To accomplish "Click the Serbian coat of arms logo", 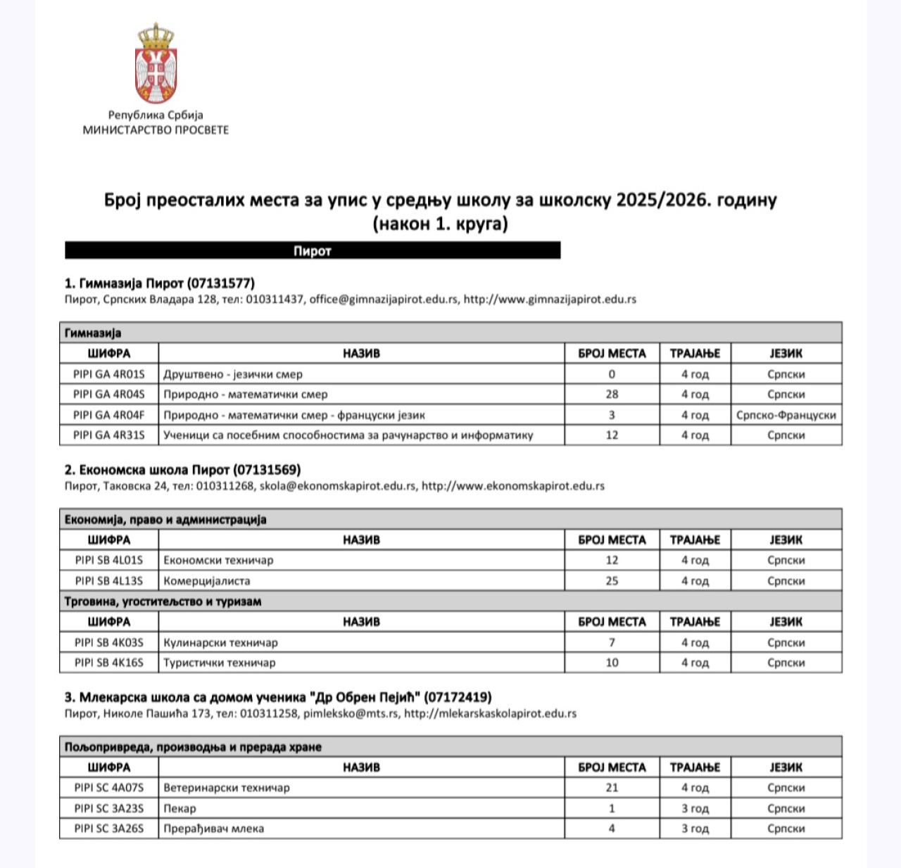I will point(156,63).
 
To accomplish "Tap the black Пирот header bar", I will point(313,251).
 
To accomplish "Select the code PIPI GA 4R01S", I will point(109,374).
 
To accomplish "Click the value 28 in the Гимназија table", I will point(612,395).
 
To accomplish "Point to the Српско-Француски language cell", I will point(786,415).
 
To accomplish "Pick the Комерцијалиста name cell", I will point(207,581).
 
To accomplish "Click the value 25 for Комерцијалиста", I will point(612,581).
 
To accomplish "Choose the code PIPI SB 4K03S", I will point(109,642).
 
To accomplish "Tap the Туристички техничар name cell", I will point(220,663).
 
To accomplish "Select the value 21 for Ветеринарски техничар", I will point(612,788).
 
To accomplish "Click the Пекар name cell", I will point(180,808).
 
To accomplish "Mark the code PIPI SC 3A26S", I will point(109,829).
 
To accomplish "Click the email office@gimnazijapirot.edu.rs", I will point(384,299).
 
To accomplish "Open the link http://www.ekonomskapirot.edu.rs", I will point(512,486).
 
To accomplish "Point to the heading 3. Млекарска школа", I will point(278,697).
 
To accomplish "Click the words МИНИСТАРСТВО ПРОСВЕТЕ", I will point(156,130).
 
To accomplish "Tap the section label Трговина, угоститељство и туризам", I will point(163,601).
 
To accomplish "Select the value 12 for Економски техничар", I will point(612,561).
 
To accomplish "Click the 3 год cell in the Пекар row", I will point(695,808).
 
